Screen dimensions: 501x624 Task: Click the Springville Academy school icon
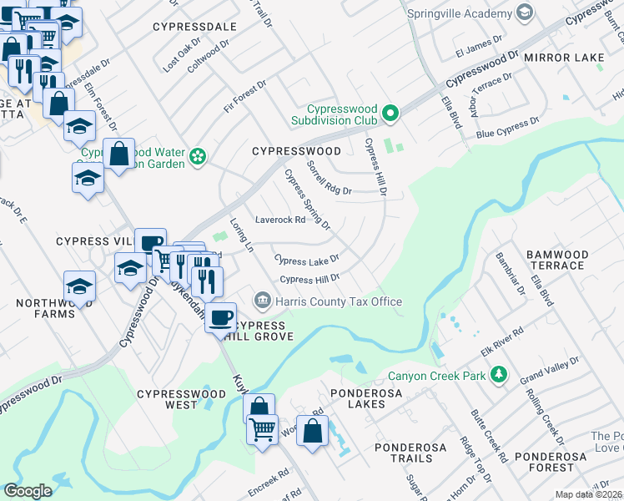[x=524, y=14]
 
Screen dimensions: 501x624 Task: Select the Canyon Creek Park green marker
[x=499, y=376]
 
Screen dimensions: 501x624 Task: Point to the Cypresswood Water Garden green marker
[x=198, y=156]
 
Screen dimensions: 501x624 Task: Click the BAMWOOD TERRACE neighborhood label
[x=556, y=260]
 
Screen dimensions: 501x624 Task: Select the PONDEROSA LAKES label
[x=369, y=398]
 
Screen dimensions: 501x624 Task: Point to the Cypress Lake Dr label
[x=308, y=261]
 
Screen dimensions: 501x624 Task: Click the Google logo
[x=28, y=491]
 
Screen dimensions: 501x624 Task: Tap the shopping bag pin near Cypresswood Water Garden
[x=120, y=154]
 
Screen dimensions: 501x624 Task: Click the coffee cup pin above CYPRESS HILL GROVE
[x=221, y=316]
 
